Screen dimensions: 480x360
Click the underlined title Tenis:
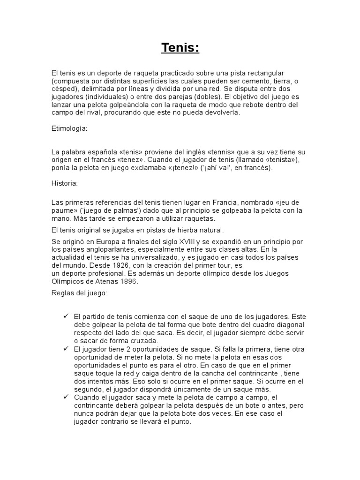click(180, 48)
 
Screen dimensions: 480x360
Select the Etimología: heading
click(69, 127)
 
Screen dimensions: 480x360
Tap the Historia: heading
click(65, 183)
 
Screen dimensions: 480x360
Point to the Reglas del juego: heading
click(79, 292)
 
